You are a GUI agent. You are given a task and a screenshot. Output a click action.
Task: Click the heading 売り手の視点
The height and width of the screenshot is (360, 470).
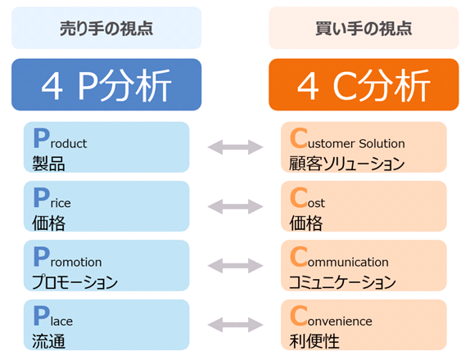tap(106, 29)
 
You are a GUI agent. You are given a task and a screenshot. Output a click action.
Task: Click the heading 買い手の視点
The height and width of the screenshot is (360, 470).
tap(364, 29)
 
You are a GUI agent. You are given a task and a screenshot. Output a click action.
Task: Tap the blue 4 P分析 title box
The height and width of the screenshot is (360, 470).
tap(106, 84)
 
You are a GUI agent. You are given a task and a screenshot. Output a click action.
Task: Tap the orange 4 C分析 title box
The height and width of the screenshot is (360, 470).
tap(364, 84)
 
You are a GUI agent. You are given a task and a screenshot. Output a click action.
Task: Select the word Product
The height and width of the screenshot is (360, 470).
tap(60, 138)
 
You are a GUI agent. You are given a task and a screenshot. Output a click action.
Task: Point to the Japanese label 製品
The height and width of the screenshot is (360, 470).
tap(48, 164)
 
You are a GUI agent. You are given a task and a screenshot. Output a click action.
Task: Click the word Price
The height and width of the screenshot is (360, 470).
tap(52, 198)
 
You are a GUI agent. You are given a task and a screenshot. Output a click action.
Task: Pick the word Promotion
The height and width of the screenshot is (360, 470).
tap(67, 257)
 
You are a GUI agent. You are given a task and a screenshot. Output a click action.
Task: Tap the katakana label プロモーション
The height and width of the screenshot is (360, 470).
tap(75, 282)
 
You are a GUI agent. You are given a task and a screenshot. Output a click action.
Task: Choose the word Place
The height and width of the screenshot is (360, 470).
tap(52, 316)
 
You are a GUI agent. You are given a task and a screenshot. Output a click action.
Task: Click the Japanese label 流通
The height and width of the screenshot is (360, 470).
tap(48, 341)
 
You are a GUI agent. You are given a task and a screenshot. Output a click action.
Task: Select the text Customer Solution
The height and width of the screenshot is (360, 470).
tap(347, 138)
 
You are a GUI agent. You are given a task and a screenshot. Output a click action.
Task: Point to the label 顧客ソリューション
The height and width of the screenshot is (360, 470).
tap(347, 164)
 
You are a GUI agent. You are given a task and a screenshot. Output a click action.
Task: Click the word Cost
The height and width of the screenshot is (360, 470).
tap(307, 198)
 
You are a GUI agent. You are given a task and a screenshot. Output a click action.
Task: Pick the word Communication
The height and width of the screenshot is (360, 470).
tap(339, 257)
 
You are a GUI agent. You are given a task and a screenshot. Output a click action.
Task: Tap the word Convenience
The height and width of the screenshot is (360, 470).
tap(331, 316)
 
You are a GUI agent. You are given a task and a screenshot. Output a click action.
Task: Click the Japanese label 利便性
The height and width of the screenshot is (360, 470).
tap(314, 341)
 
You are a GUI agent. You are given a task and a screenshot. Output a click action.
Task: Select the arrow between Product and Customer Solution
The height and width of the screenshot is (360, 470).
tap(235, 147)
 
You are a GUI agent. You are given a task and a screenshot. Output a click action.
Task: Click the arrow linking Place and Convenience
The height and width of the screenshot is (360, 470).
tap(235, 325)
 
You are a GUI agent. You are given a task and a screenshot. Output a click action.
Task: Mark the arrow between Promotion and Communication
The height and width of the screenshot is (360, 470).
tap(235, 266)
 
